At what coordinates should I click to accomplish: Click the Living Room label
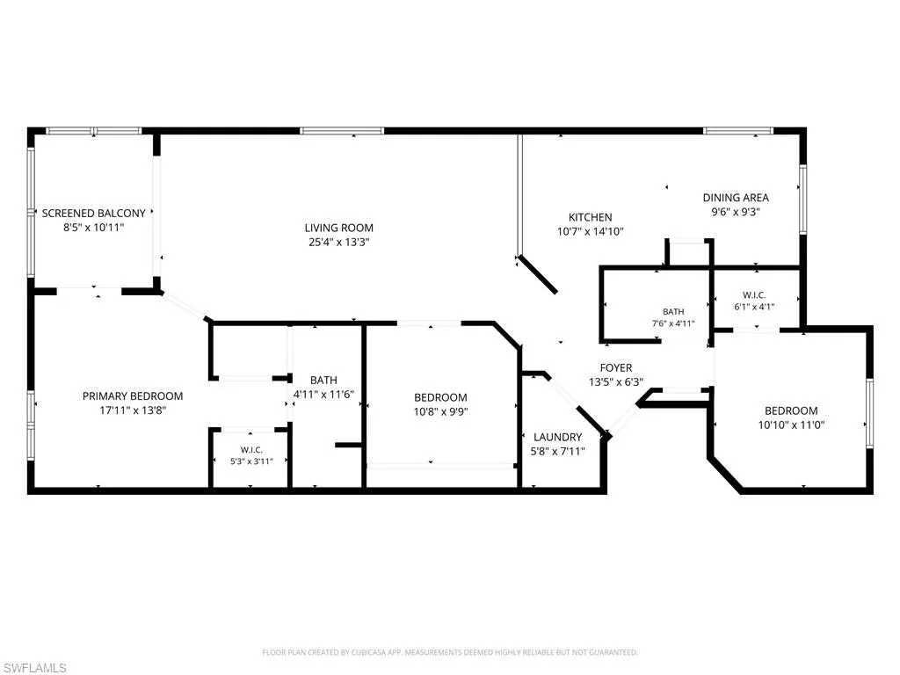pyautogui.click(x=338, y=228)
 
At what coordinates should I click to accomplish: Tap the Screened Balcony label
pyautogui.click(x=93, y=213)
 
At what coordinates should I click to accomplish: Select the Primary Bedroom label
pyautogui.click(x=133, y=396)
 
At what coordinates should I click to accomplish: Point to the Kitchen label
pyautogui.click(x=590, y=218)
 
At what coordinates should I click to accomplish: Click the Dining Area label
pyautogui.click(x=736, y=198)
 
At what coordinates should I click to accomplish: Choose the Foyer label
pyautogui.click(x=616, y=368)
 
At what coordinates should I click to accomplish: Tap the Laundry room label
pyautogui.click(x=557, y=438)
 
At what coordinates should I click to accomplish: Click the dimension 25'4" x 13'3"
pyautogui.click(x=338, y=243)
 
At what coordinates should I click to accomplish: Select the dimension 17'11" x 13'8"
pyautogui.click(x=133, y=410)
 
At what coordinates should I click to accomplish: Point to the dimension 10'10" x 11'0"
pyautogui.click(x=791, y=425)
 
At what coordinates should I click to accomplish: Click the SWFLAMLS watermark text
pyautogui.click(x=33, y=668)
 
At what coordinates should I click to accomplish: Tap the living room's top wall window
pyautogui.click(x=341, y=131)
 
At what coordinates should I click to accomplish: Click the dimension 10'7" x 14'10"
pyautogui.click(x=590, y=232)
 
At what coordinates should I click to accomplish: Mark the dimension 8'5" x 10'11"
pyautogui.click(x=93, y=228)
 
